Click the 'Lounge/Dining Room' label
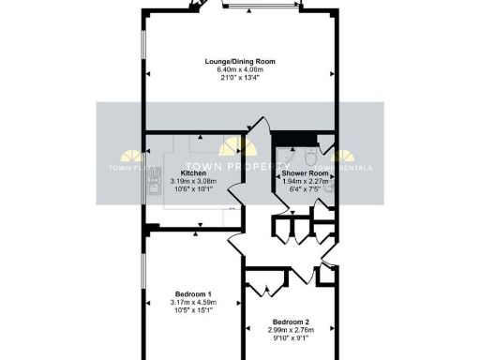pyautogui.click(x=240, y=62)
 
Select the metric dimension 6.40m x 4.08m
pyautogui.click(x=240, y=70)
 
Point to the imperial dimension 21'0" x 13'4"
pyautogui.click(x=240, y=78)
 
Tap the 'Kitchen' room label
pyautogui.click(x=193, y=173)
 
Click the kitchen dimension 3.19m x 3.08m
pyautogui.click(x=193, y=181)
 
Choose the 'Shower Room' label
pyautogui.click(x=305, y=173)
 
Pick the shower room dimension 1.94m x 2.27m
pyautogui.click(x=305, y=181)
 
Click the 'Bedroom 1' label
pyautogui.click(x=193, y=294)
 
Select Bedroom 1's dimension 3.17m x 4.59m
pyautogui.click(x=193, y=302)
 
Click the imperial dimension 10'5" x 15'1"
pyautogui.click(x=193, y=310)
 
